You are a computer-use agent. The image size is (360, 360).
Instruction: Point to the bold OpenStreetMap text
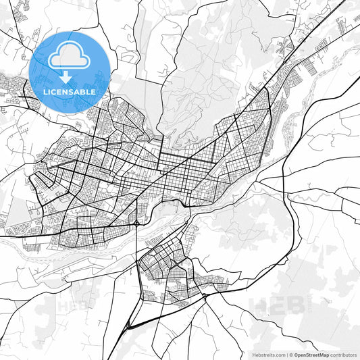[311, 355]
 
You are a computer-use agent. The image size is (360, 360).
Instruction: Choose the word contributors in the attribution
[343, 355]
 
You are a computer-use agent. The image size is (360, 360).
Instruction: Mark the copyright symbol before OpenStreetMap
[291, 355]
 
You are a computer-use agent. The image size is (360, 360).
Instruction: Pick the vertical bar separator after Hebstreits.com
[287, 355]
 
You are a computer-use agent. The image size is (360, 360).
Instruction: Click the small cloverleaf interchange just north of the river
[137, 222]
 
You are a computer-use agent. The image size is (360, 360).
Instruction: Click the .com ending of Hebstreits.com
[280, 355]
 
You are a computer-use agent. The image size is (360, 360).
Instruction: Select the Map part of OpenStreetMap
[324, 355]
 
